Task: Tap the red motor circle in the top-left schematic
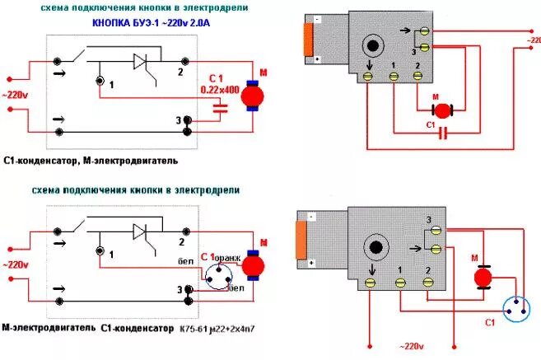[250, 96]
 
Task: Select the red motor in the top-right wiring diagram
[443, 110]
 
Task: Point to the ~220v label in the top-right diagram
[526, 38]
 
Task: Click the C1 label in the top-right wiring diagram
[430, 124]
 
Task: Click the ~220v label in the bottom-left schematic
[15, 265]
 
